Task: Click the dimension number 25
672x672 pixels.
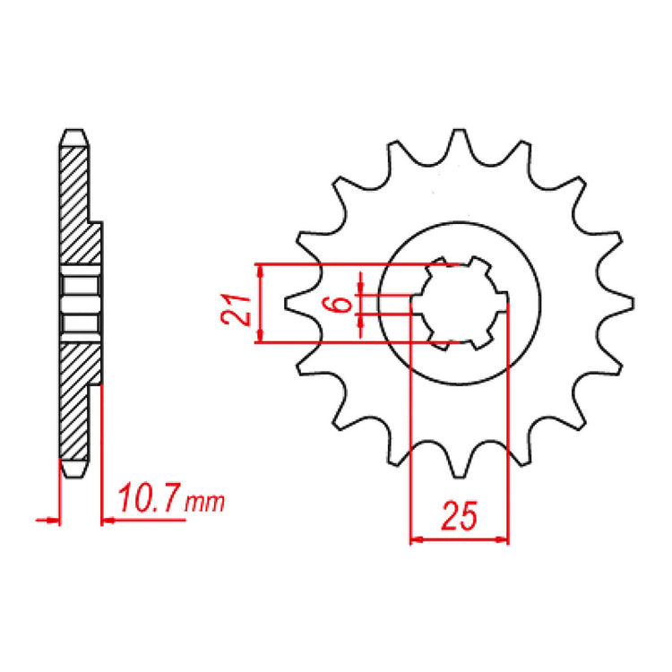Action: click(459, 518)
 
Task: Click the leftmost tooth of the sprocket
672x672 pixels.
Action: click(289, 304)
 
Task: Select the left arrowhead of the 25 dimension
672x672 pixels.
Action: click(415, 540)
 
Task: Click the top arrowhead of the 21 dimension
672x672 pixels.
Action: click(260, 269)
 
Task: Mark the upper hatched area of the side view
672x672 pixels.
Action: click(77, 206)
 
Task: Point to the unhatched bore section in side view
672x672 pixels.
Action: click(79, 302)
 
